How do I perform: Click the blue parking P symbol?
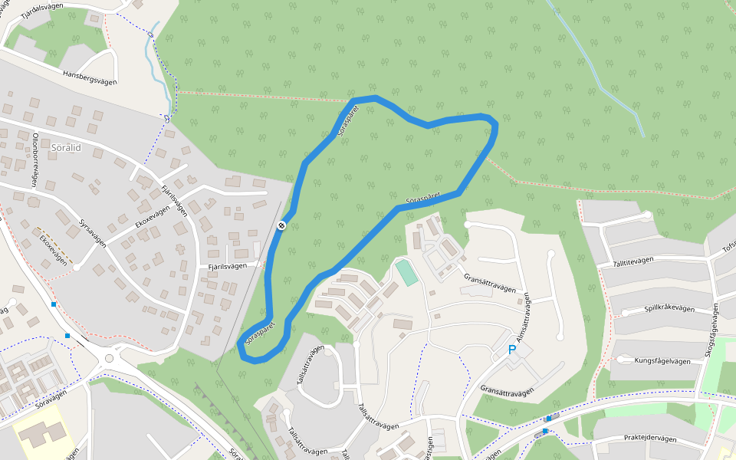pos(512,350)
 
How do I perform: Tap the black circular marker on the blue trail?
pos(282,225)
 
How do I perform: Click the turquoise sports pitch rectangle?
pos(407,272)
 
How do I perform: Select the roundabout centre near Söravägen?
pos(109,358)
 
